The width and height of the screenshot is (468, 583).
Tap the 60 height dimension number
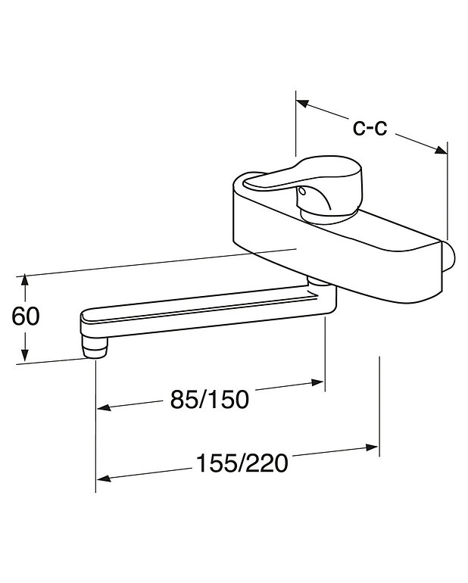coord(26,316)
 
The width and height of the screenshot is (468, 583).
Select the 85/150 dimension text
coord(209,398)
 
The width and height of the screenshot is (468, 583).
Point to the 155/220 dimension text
coord(242,463)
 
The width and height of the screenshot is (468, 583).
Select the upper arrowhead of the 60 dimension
coord(26,281)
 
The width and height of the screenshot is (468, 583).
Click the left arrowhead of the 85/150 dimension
coord(103,409)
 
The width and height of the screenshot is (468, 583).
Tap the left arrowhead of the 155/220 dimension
coord(103,478)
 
